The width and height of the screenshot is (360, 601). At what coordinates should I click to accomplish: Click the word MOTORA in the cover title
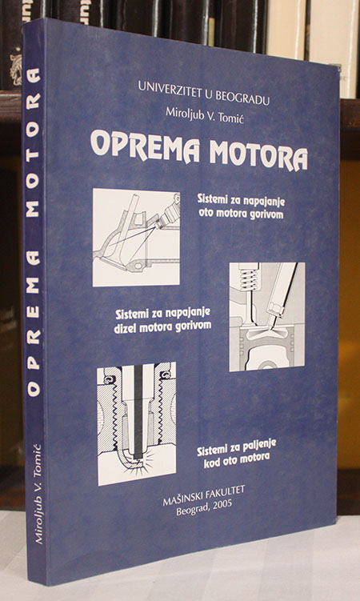[x=258, y=154]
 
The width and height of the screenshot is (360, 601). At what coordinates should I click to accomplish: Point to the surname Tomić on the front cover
[x=232, y=116]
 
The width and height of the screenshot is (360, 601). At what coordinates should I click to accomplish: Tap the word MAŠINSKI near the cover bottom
[x=182, y=499]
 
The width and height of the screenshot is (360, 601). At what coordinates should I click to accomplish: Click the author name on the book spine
[x=38, y=493]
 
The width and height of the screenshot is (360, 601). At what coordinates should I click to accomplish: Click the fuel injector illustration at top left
[x=136, y=238]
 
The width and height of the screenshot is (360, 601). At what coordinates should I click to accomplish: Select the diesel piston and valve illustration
[x=267, y=317]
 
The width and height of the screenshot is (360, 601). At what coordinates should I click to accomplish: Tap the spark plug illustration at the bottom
[x=137, y=423]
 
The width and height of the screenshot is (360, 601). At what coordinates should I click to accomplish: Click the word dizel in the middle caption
[x=126, y=328]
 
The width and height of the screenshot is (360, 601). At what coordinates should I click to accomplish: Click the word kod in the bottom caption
[x=211, y=463]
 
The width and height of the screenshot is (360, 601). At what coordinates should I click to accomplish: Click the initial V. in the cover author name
[x=211, y=114]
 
